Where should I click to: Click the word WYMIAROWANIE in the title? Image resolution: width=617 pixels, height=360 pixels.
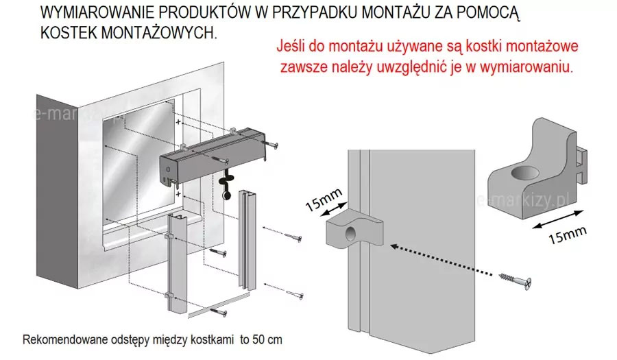[x=97, y=13]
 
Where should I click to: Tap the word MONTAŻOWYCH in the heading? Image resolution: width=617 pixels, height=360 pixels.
[x=159, y=33]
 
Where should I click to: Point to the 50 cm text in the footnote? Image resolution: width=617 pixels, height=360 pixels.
[x=269, y=339]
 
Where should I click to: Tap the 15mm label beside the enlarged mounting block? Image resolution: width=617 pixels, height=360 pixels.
[x=568, y=235]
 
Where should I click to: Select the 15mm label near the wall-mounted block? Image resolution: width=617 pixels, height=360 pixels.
[x=324, y=200]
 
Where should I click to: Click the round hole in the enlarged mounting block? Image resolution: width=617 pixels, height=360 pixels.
[x=525, y=173]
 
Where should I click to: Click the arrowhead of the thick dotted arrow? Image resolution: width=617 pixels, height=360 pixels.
[x=394, y=247]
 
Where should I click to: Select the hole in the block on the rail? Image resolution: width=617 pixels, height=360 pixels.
[x=350, y=235]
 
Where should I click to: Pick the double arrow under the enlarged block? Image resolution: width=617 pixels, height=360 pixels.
[x=557, y=219]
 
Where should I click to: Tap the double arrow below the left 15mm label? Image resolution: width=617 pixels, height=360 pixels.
[x=334, y=209]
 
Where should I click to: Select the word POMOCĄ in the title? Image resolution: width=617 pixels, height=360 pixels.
[x=488, y=14]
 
